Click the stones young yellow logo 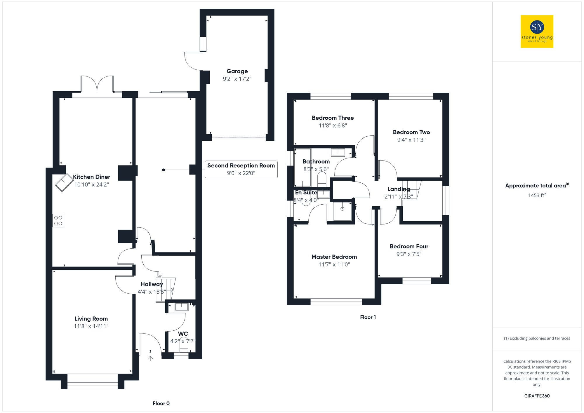coord(537,32)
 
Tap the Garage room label coord(237,71)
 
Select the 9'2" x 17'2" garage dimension coord(237,79)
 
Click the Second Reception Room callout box coord(241,169)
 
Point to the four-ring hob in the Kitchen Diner coord(58,220)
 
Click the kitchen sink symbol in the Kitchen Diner coord(64,182)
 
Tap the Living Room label coord(91,319)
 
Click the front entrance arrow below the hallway coord(150,358)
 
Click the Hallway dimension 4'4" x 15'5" coord(152,292)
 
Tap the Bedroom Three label coord(333,118)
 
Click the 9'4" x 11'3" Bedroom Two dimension coord(411,140)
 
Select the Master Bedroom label coord(334,257)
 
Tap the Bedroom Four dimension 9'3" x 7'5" coord(409,254)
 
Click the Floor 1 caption coord(368,317)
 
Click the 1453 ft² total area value coord(537,195)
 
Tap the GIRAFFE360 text coord(537,396)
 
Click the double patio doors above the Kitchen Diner coord(97,85)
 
